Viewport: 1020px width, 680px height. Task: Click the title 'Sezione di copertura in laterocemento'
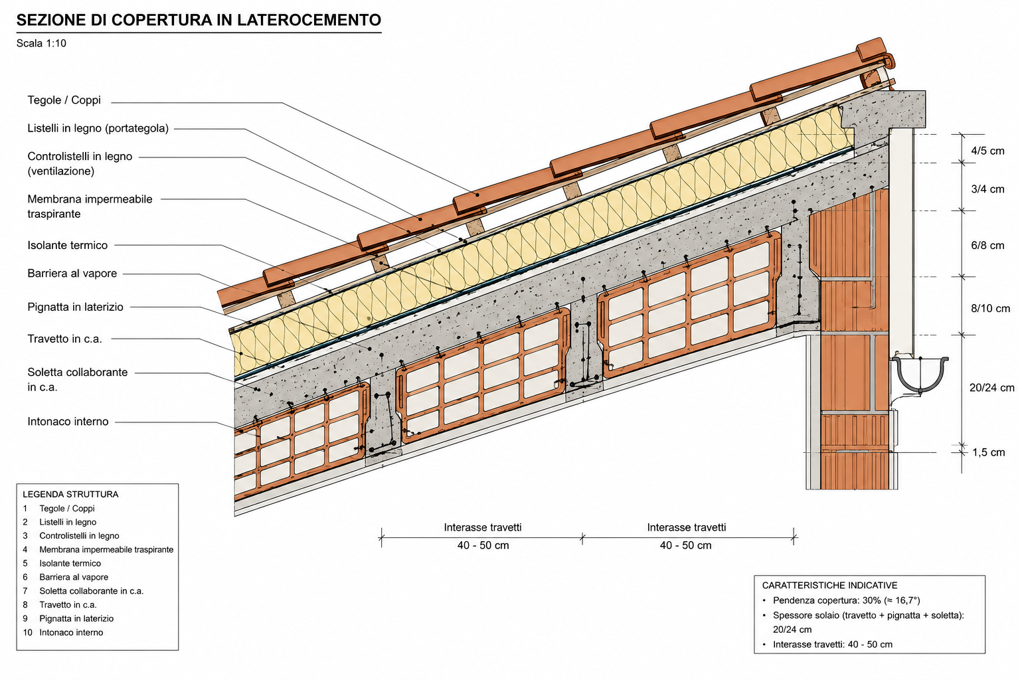pos(199,20)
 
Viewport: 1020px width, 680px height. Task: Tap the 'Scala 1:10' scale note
pos(41,43)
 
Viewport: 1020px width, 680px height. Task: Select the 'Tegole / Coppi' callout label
pos(64,100)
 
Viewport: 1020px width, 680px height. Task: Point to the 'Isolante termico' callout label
pos(67,245)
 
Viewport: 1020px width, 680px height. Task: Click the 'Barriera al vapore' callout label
pos(72,274)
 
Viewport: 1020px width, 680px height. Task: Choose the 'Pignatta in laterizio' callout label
pos(75,307)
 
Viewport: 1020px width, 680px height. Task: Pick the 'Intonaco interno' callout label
pos(68,421)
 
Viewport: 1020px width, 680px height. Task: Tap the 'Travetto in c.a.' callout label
pos(64,339)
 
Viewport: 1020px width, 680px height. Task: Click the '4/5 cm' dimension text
pos(987,151)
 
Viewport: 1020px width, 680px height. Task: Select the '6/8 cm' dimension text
pos(987,246)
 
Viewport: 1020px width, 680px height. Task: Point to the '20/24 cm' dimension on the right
pos(991,388)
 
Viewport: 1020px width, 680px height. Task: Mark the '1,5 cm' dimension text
pos(989,452)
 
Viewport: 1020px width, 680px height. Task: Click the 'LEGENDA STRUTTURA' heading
pos(70,494)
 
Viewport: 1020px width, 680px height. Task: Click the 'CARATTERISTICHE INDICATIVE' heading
pos(829,585)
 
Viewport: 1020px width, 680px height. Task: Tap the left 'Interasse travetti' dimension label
pos(483,527)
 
